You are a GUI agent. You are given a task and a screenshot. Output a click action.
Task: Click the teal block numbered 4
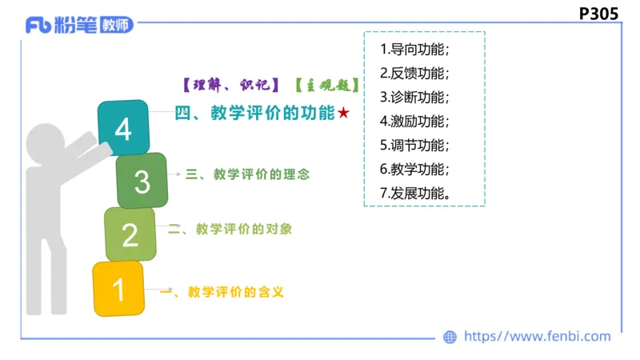coord(123,128)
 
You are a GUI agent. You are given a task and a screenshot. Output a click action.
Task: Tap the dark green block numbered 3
coord(142,182)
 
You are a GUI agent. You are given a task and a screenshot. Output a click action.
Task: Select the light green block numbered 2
coord(130,234)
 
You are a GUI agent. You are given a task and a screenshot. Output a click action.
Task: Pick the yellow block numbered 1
coord(118,288)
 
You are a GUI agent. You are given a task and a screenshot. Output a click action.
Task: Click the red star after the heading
coord(343,114)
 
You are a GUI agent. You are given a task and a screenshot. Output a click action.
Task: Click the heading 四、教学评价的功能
coord(254,114)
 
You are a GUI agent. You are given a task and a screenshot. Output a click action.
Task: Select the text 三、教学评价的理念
coord(247,174)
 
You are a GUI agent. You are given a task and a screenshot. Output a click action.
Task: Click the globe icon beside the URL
coord(450,338)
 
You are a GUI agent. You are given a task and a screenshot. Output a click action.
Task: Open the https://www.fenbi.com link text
coord(538,337)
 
